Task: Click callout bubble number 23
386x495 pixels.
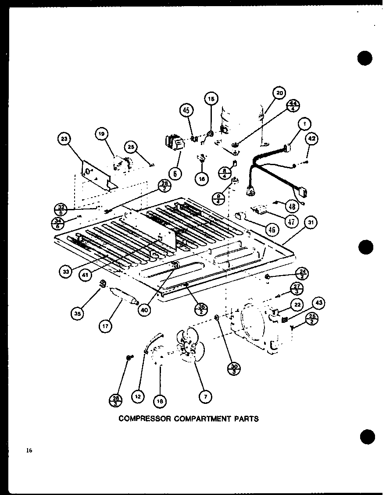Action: [x=64, y=140]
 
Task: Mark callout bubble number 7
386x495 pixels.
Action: [x=204, y=397]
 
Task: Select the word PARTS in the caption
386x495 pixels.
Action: [x=247, y=419]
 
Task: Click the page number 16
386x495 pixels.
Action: [x=29, y=450]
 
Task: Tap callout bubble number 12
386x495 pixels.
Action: [x=138, y=397]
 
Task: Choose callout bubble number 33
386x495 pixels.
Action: [x=66, y=272]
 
